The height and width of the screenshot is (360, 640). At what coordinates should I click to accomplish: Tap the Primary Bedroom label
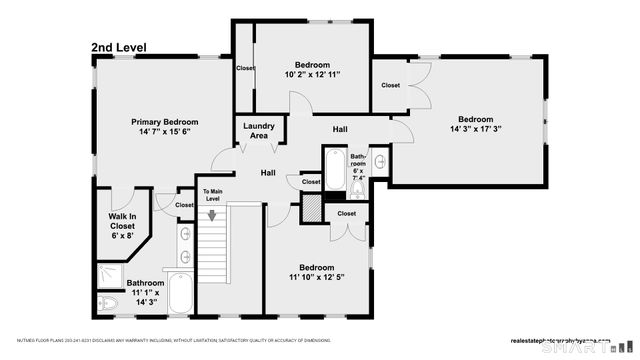point(165,121)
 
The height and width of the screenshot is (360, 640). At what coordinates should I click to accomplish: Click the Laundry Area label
point(260,131)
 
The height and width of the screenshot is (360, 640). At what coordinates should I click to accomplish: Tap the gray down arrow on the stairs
point(212,213)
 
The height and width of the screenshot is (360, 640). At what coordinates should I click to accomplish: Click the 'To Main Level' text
point(212,195)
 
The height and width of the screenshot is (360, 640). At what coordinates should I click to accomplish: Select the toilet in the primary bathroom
point(109,302)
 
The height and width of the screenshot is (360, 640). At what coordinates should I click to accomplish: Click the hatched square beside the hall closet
point(312,207)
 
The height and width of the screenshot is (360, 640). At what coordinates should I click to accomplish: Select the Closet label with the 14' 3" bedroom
point(391,85)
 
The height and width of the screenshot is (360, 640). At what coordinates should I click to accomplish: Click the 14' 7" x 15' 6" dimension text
point(165,131)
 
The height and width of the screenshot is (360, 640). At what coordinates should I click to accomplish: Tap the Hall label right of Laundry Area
point(340,129)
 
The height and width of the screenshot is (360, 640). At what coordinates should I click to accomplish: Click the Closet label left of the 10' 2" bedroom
point(245,68)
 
